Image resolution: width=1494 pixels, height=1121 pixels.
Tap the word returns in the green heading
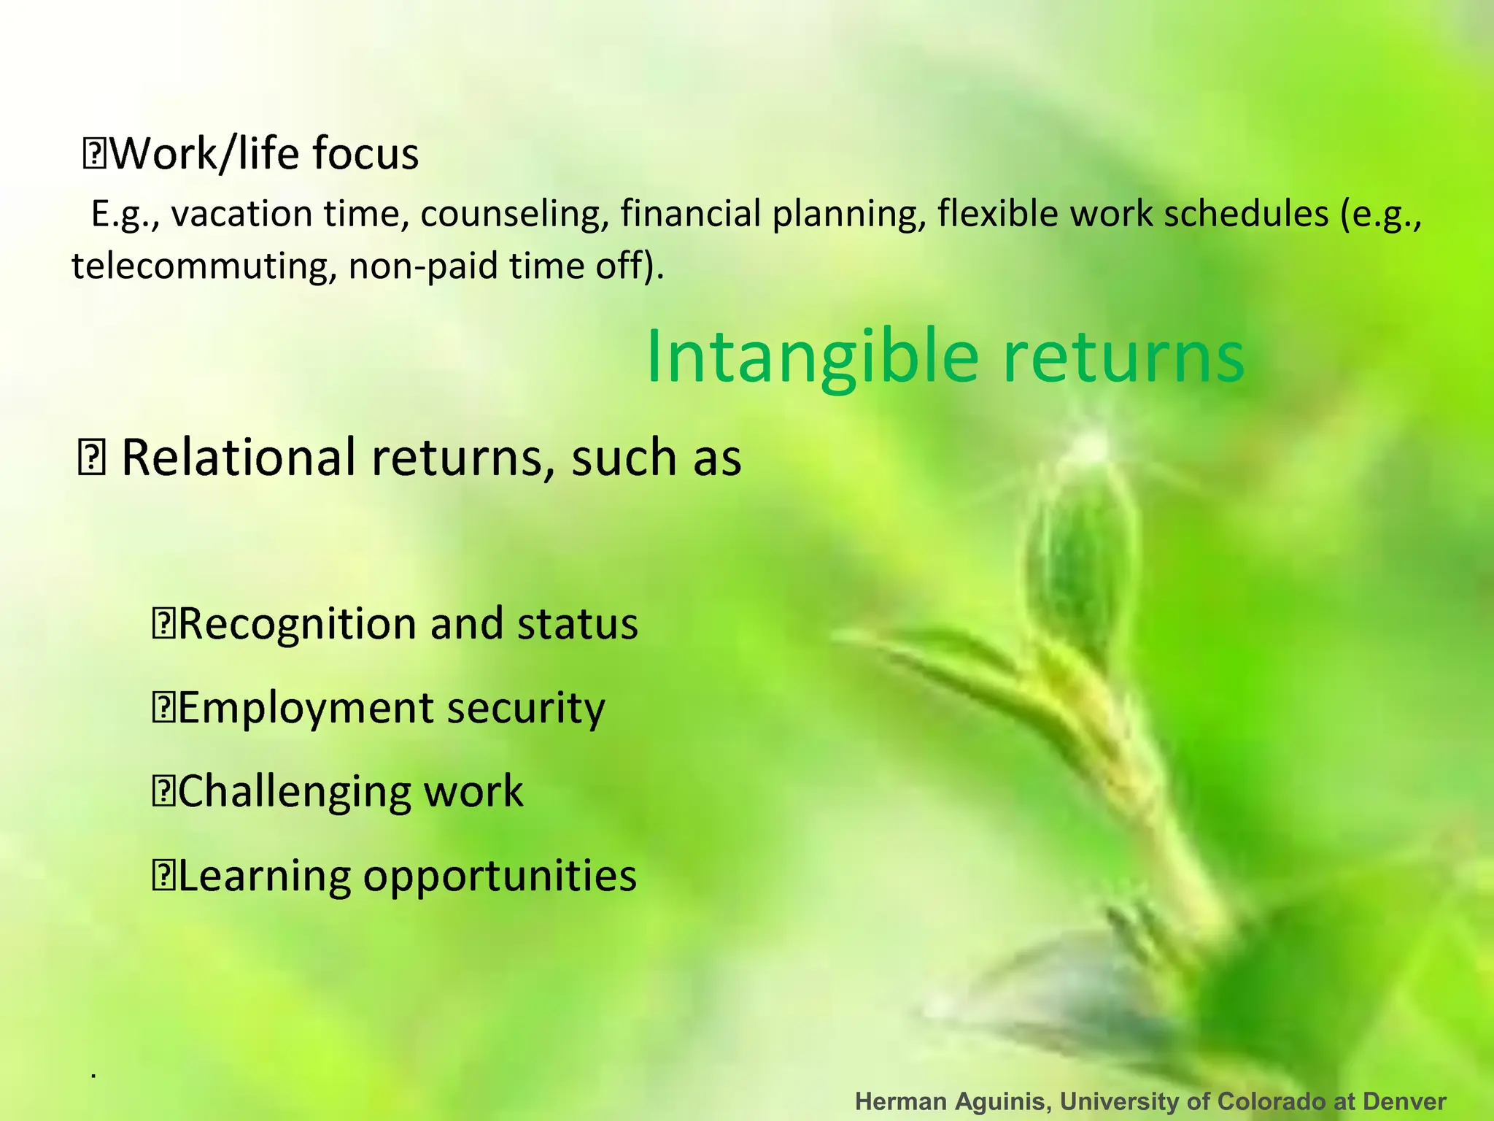point(1123,358)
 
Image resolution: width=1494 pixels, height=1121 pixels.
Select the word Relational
point(240,458)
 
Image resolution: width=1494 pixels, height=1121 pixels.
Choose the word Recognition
point(299,624)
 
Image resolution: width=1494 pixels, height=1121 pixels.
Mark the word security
point(526,709)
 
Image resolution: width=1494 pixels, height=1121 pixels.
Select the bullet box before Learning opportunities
point(162,877)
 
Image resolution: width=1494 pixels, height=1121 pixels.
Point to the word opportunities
point(500,877)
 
